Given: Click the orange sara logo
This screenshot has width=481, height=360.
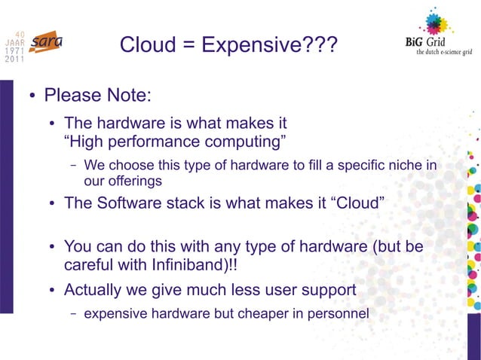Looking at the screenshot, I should (47, 42).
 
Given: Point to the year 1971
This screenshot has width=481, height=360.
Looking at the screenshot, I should (14, 51).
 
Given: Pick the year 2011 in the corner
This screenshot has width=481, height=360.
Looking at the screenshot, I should (14, 60).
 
